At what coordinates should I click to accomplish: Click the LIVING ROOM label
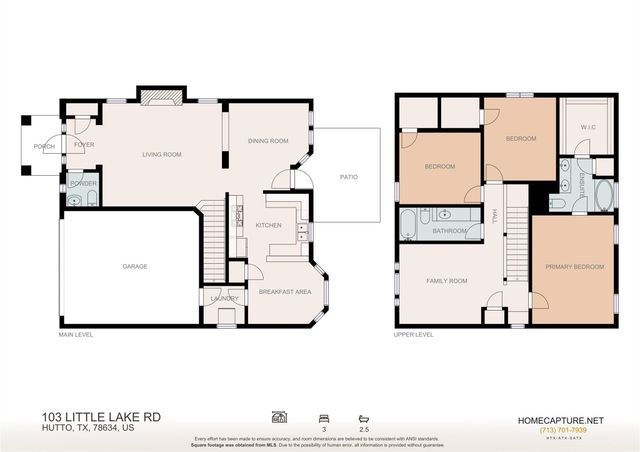pos(161,154)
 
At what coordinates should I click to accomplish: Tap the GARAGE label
pos(135,266)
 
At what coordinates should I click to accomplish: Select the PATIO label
pos(348,177)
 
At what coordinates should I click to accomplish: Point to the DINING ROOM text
pos(268,141)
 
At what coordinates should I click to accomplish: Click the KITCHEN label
pos(268,225)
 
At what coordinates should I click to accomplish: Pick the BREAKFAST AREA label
pos(285,292)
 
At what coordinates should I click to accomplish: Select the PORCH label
pos(44,146)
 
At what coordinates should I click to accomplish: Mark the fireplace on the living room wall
pos(160,97)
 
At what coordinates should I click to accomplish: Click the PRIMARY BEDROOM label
pos(573,267)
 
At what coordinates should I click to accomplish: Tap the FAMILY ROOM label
pos(446,281)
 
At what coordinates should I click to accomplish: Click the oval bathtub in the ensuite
pos(603,195)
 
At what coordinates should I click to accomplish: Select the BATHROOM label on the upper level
pos(451,230)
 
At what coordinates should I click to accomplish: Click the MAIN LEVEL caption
pos(76,334)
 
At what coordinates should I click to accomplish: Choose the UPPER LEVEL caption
pos(413,334)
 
